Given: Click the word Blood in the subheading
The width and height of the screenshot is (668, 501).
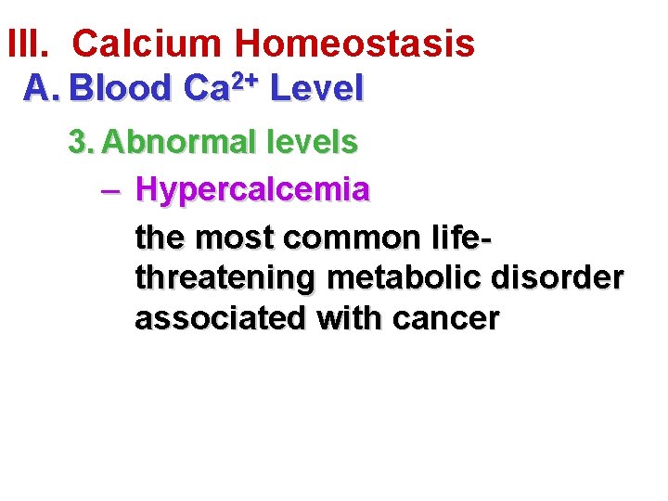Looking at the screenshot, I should (121, 89).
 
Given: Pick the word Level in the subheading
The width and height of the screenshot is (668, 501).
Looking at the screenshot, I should (318, 89).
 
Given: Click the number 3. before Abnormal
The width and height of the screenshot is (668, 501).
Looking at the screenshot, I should (82, 142).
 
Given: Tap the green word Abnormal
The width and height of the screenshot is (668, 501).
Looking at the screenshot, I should (179, 142).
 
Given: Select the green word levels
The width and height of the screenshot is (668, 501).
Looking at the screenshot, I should (311, 142).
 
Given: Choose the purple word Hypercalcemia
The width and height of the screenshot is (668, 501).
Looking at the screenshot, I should (252, 190).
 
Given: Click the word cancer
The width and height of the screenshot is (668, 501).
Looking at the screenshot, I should (446, 318).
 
